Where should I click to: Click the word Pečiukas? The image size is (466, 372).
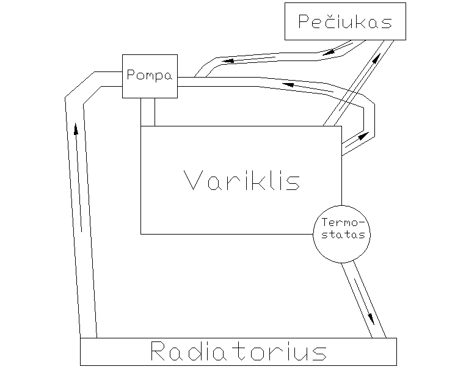point(345,21)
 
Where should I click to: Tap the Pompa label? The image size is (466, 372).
point(150,75)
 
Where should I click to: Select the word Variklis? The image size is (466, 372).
point(242,180)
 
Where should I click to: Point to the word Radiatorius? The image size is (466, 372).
point(239,351)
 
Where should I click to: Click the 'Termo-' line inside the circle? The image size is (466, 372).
point(343,222)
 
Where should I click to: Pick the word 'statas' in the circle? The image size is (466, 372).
point(343,235)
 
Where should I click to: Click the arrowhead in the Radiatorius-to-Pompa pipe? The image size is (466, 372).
point(76,129)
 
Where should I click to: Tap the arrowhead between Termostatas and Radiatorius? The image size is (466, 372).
point(371,319)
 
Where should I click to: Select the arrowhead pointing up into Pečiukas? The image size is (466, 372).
point(377,58)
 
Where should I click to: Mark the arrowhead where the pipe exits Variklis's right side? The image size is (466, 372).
point(364,136)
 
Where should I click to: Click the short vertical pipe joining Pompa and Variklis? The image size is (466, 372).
point(148,112)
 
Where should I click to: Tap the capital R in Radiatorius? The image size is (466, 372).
point(158,351)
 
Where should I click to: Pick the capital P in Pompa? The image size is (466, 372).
point(131,75)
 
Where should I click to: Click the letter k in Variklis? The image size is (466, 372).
point(253,180)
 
